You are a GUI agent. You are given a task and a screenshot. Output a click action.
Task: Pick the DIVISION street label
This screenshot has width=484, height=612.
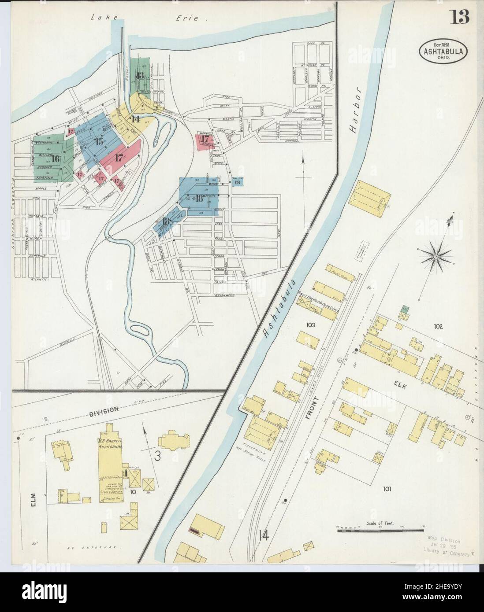tap(104, 409)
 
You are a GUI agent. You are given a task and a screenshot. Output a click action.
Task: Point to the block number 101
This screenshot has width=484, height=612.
tap(387, 488)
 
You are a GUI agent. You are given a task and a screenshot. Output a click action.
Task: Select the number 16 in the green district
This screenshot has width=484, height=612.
tap(56, 159)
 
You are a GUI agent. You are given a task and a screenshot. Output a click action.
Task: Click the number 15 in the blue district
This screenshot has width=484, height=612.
tap(98, 141)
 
